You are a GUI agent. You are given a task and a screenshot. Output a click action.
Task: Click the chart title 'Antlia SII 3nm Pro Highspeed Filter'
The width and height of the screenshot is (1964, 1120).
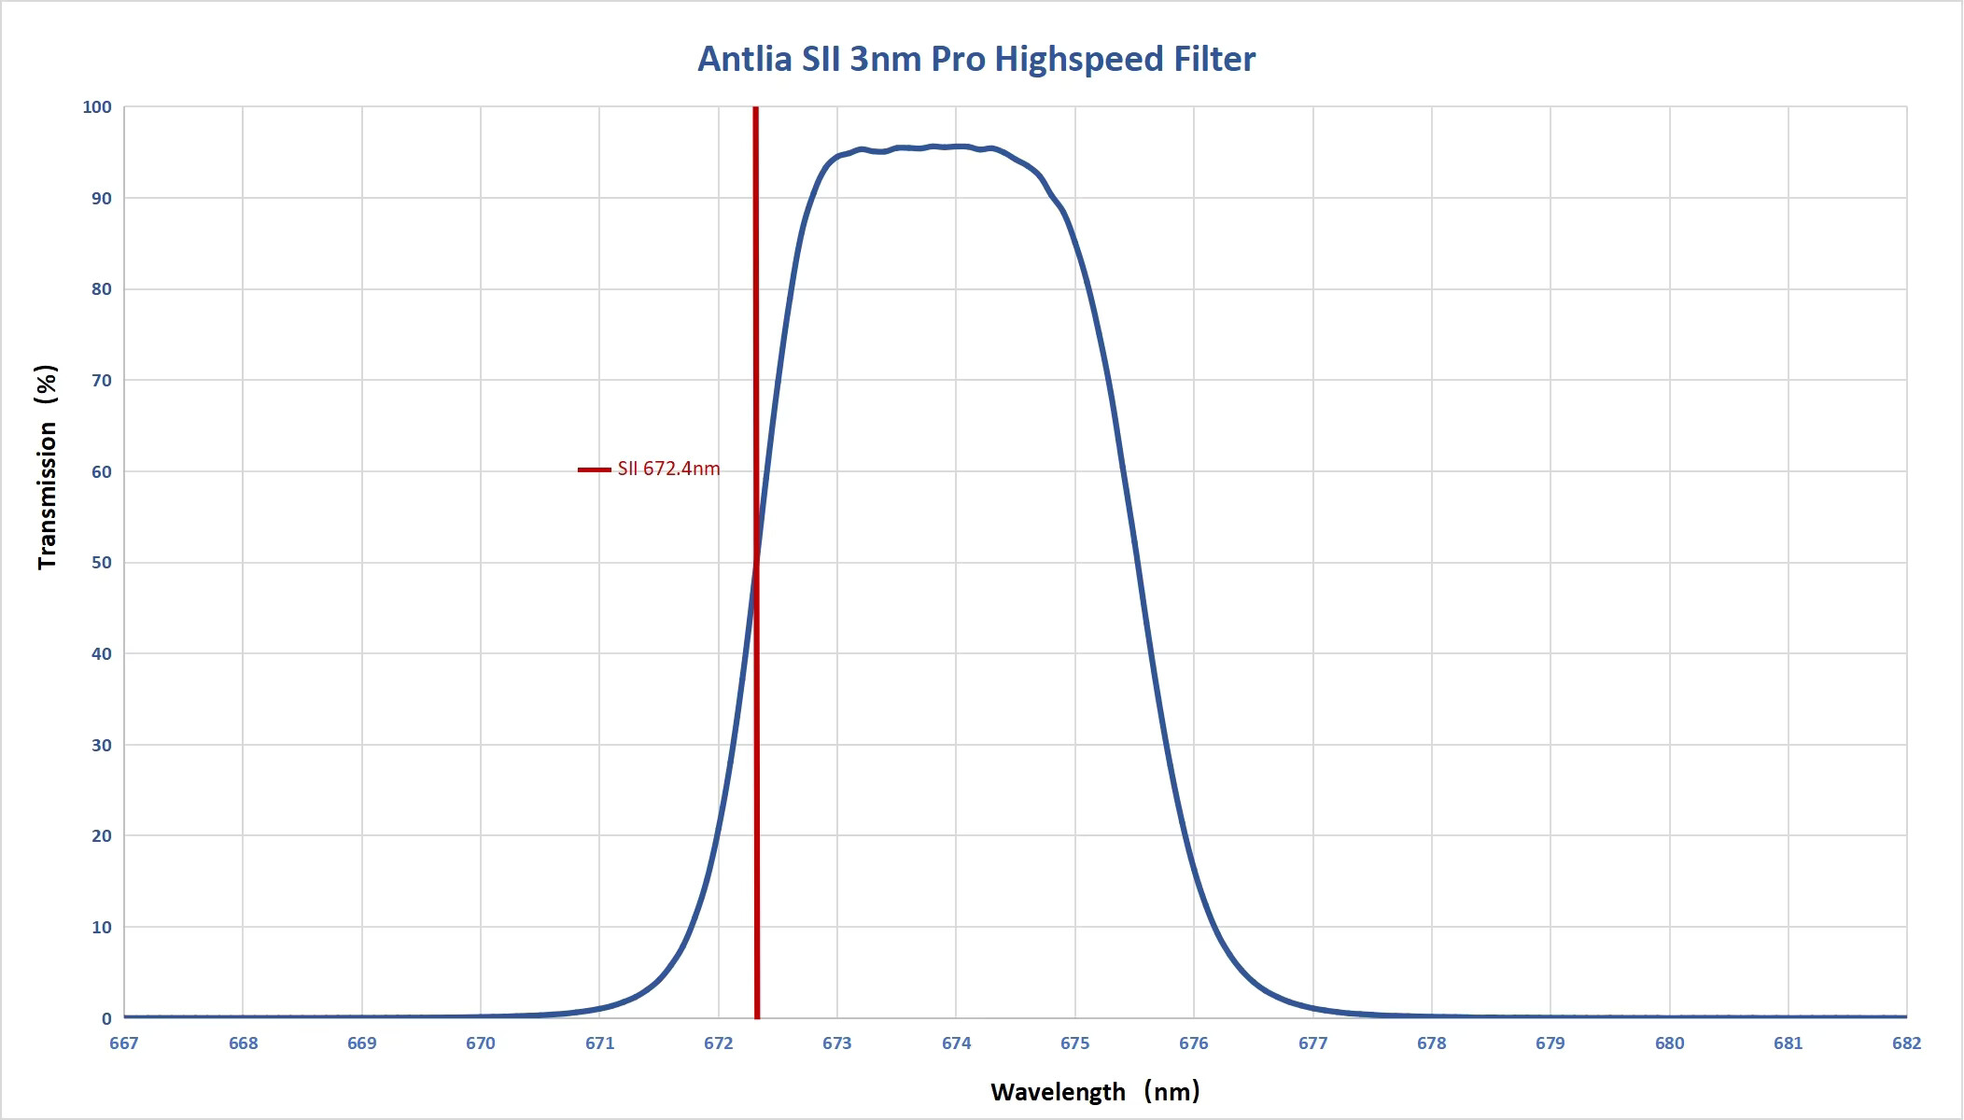[976, 59]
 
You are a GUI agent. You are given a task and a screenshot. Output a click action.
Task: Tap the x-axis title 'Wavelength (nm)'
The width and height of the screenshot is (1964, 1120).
[1095, 1091]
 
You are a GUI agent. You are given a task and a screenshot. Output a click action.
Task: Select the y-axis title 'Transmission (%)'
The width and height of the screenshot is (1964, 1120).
[47, 467]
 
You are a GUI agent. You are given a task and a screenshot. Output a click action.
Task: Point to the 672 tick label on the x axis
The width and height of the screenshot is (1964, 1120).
[719, 1043]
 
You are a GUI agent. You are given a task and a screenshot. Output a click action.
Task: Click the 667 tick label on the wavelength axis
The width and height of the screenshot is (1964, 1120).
[124, 1043]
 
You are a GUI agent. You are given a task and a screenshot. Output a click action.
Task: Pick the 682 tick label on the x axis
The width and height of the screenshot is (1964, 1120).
[1907, 1043]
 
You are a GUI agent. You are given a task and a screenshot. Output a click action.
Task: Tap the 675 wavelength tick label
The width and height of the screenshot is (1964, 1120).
[1075, 1043]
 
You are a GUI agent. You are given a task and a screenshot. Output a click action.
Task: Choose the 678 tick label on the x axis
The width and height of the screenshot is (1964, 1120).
[1432, 1043]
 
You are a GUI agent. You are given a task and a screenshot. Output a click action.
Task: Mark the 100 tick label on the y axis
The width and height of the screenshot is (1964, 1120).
[97, 107]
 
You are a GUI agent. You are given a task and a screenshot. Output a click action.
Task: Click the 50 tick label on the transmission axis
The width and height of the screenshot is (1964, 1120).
[101, 563]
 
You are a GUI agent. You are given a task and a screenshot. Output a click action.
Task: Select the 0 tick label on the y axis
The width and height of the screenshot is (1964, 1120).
[106, 1019]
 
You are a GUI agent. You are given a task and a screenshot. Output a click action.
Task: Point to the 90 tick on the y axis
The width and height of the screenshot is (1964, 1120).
[101, 199]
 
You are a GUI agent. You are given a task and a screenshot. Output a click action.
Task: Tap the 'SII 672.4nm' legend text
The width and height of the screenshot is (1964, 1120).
[668, 469]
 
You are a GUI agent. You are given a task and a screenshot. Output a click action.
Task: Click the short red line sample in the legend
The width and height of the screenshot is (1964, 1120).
[595, 469]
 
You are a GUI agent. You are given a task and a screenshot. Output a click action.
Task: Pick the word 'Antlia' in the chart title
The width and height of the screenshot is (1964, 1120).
[745, 59]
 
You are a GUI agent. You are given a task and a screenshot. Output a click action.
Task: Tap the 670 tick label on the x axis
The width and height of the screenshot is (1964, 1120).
[481, 1043]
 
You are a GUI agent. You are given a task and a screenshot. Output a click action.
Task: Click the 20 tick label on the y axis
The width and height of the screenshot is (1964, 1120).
[101, 836]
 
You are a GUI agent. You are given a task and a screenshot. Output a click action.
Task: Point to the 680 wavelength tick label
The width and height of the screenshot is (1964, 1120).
[1670, 1043]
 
